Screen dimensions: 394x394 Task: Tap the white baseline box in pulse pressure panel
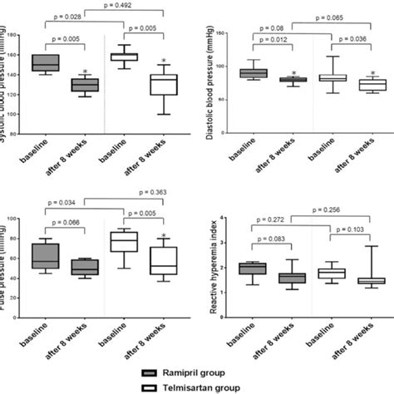coord(123,241)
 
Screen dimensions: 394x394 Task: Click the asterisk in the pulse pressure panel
coord(165,237)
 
